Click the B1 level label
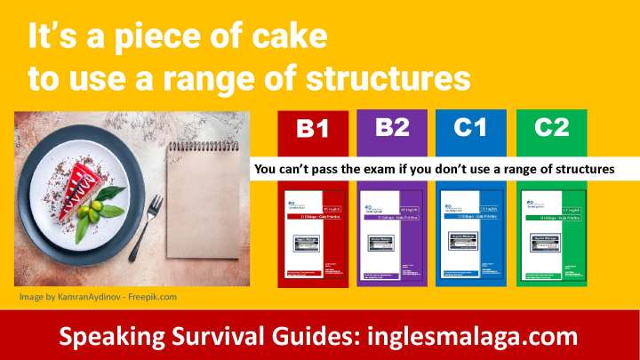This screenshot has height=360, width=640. tap(312, 130)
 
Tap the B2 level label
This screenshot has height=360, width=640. tap(392, 127)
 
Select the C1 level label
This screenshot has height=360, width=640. tap(470, 127)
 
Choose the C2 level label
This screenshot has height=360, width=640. tap(551, 127)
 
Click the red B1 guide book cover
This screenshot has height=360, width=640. tap(312, 236)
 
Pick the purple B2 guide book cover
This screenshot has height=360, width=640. tap(392, 236)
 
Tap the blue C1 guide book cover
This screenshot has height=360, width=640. tap(471, 236)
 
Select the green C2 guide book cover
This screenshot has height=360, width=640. tap(551, 236)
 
